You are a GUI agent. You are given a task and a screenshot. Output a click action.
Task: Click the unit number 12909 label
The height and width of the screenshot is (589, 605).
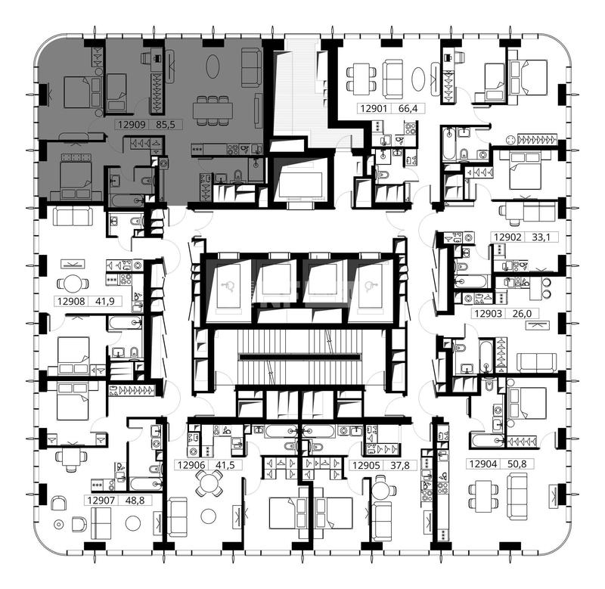(x=132, y=125)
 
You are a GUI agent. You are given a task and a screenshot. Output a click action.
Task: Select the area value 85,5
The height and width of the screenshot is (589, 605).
(x=166, y=125)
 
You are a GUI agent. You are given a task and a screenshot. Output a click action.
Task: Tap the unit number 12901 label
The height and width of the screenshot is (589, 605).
(x=374, y=108)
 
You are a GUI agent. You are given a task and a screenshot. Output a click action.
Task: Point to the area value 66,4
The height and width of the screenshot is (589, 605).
(x=408, y=108)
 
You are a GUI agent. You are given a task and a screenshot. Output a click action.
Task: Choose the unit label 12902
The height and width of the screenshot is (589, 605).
(x=507, y=237)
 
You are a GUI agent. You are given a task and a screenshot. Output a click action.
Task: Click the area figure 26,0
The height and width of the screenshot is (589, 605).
(x=522, y=314)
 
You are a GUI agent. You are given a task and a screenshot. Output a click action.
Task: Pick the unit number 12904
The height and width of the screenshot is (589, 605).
(x=483, y=463)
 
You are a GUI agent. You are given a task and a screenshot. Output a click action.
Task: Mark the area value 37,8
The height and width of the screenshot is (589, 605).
(x=400, y=466)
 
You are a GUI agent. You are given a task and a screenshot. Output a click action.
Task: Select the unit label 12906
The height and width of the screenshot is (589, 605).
(x=191, y=465)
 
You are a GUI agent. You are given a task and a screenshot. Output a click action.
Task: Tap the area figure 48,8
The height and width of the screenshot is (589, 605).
(x=135, y=501)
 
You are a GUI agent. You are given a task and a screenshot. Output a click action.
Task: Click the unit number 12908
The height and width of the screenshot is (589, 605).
(x=71, y=301)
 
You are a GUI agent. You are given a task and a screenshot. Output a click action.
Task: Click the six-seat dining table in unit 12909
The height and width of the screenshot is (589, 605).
(x=213, y=110)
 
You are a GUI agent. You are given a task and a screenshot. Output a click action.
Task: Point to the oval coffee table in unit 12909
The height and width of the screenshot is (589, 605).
(x=213, y=67)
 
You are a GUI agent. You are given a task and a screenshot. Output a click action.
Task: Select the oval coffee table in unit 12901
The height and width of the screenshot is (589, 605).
(x=418, y=79)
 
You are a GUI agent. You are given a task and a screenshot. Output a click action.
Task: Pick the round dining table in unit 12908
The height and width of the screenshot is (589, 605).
(x=73, y=284)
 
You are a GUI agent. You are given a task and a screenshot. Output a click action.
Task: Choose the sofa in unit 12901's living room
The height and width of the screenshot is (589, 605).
(x=393, y=79)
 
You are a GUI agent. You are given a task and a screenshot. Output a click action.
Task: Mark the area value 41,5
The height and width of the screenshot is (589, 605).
(x=225, y=465)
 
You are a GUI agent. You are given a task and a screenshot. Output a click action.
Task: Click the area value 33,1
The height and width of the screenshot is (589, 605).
(x=541, y=237)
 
